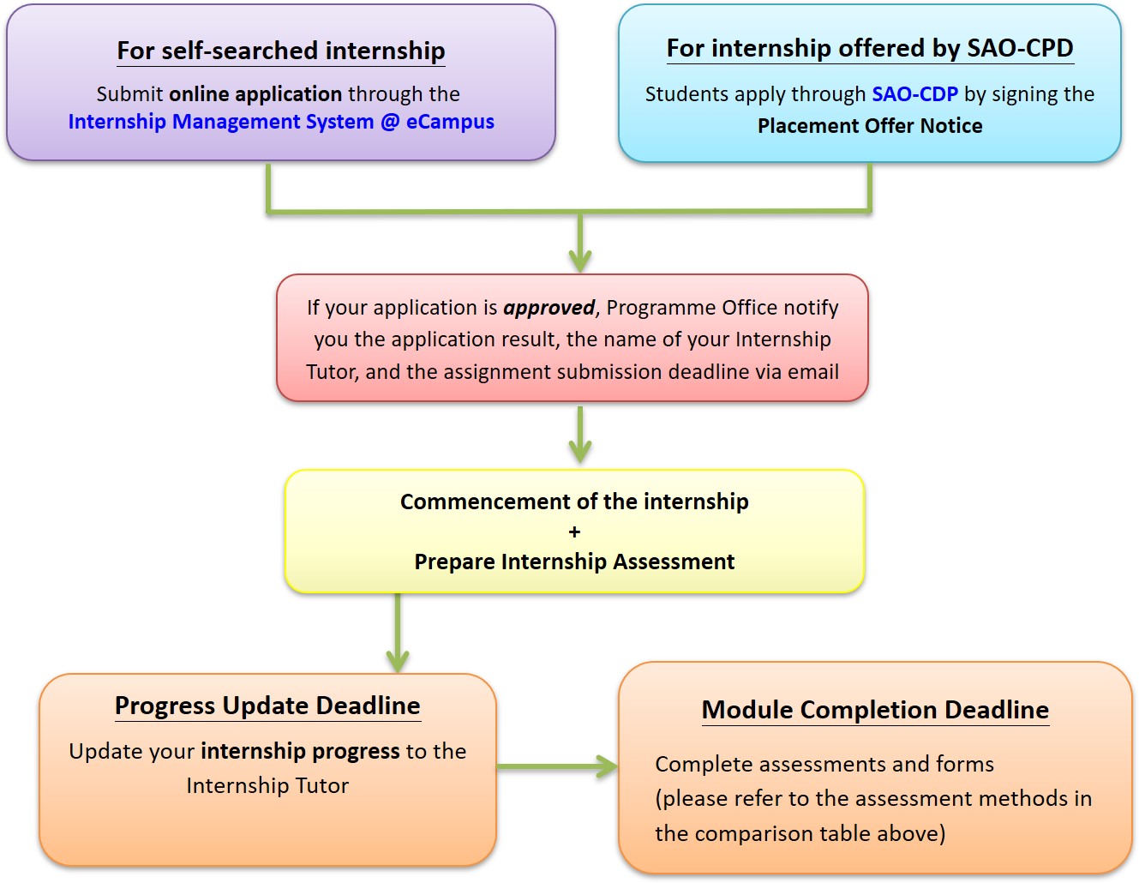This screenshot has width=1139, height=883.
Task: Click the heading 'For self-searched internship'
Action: (x=281, y=51)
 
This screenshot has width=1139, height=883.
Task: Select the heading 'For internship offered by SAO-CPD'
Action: (x=870, y=49)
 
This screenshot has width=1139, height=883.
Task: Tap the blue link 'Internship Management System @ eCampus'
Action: (x=281, y=122)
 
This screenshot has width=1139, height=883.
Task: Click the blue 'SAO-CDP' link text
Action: (x=914, y=94)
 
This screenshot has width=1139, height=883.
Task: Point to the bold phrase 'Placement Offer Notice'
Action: (x=870, y=126)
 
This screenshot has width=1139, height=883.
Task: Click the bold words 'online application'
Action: (x=255, y=94)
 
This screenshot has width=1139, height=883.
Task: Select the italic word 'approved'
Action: (x=549, y=308)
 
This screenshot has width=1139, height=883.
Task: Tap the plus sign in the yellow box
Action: (x=574, y=532)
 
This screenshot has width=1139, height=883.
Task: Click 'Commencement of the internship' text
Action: (x=574, y=502)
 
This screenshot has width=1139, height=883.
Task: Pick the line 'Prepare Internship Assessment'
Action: (x=574, y=562)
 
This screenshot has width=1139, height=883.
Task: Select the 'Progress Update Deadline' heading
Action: (x=267, y=706)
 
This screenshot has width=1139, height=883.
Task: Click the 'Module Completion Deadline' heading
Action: (x=875, y=710)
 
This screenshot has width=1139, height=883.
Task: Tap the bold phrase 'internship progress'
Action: (x=300, y=751)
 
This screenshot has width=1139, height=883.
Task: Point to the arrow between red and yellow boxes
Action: (x=580, y=434)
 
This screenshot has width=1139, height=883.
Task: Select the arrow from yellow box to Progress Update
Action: (x=398, y=633)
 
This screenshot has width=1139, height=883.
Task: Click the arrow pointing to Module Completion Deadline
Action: (x=557, y=766)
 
